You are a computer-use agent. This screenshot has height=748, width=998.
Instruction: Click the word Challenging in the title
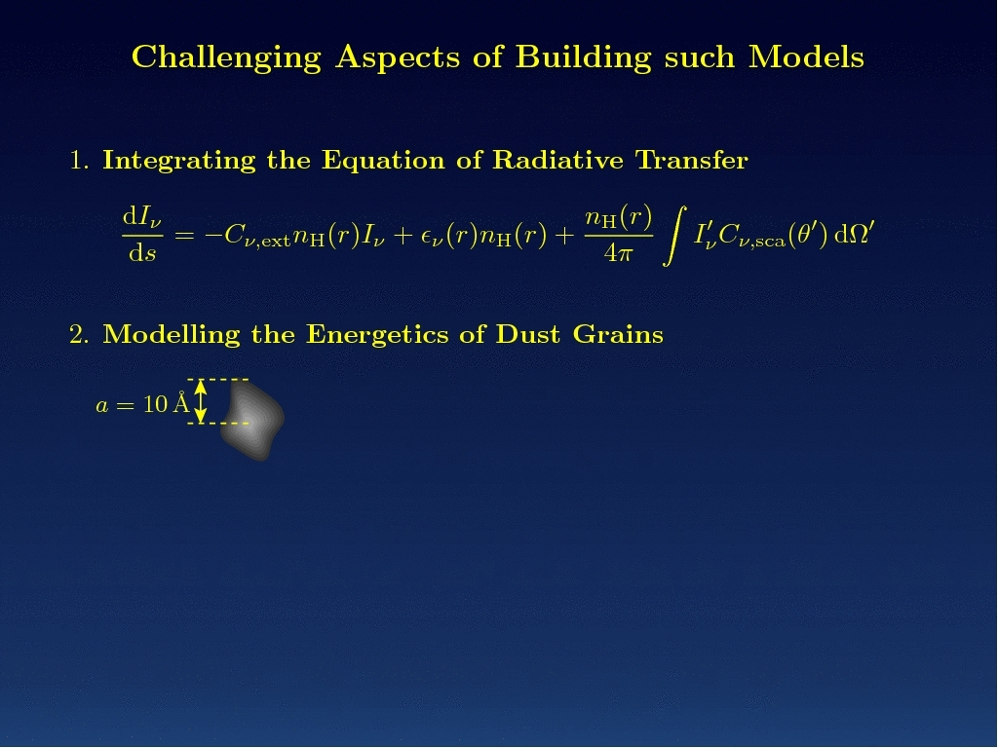tap(226, 58)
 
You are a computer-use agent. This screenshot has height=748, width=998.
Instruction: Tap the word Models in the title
tap(806, 56)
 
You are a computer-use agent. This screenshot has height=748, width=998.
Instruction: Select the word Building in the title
tap(584, 58)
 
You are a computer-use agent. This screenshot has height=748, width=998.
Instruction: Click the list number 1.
tap(78, 161)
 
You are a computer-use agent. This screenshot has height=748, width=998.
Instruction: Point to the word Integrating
tap(179, 161)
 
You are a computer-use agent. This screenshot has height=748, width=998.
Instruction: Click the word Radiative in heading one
tap(557, 160)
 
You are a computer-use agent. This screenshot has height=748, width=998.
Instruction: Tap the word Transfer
tap(692, 160)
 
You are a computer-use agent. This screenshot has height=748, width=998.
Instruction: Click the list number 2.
tap(78, 335)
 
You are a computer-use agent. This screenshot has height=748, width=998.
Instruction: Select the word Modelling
tap(172, 335)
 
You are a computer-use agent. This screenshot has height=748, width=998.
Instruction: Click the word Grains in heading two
tap(617, 334)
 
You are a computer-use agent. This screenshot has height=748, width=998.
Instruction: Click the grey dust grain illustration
tap(252, 421)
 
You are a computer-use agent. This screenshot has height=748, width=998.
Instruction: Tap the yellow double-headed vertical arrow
tap(201, 401)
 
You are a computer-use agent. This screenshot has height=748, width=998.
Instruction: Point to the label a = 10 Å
tap(142, 404)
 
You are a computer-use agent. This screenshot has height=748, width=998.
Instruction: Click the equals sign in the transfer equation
tap(184, 236)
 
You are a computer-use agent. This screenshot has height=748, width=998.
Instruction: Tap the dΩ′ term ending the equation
tap(854, 234)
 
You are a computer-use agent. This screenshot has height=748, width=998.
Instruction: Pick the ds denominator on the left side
tap(142, 254)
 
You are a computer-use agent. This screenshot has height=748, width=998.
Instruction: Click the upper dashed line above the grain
tap(217, 380)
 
